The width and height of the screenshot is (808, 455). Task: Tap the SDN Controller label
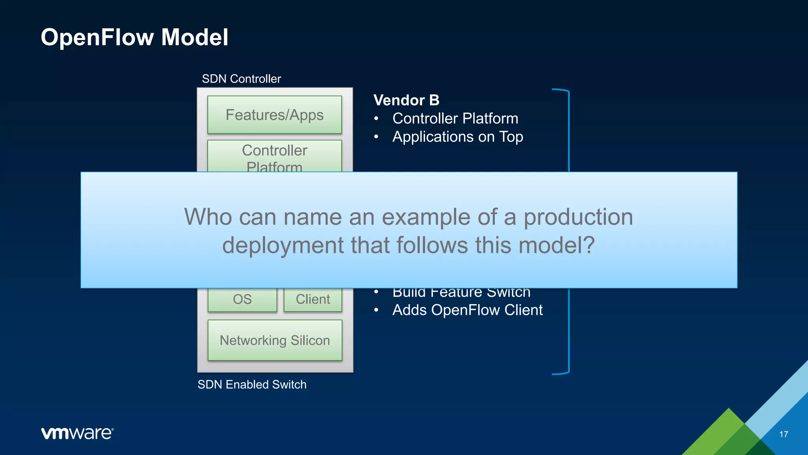(x=241, y=79)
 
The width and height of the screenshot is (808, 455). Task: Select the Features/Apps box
(x=275, y=115)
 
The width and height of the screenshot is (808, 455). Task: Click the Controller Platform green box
(x=275, y=156)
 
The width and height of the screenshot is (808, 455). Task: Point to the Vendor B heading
(x=406, y=100)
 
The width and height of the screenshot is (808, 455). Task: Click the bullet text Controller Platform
(x=455, y=118)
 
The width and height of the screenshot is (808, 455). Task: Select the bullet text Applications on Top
(x=458, y=137)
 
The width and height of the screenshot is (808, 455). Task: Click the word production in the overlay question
(x=578, y=217)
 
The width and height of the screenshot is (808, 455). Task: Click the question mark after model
(x=589, y=245)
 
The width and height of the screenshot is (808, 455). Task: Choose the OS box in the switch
(x=242, y=299)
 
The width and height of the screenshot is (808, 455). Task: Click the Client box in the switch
(x=313, y=299)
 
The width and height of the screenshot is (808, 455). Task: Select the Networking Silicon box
(x=275, y=340)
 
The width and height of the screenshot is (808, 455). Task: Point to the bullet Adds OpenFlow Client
(x=467, y=310)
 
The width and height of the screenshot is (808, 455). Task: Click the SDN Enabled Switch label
(x=252, y=384)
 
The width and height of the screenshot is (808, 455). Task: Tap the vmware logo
(x=77, y=433)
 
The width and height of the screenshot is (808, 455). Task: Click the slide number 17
(x=784, y=434)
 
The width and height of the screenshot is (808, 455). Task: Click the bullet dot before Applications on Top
(x=376, y=137)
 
